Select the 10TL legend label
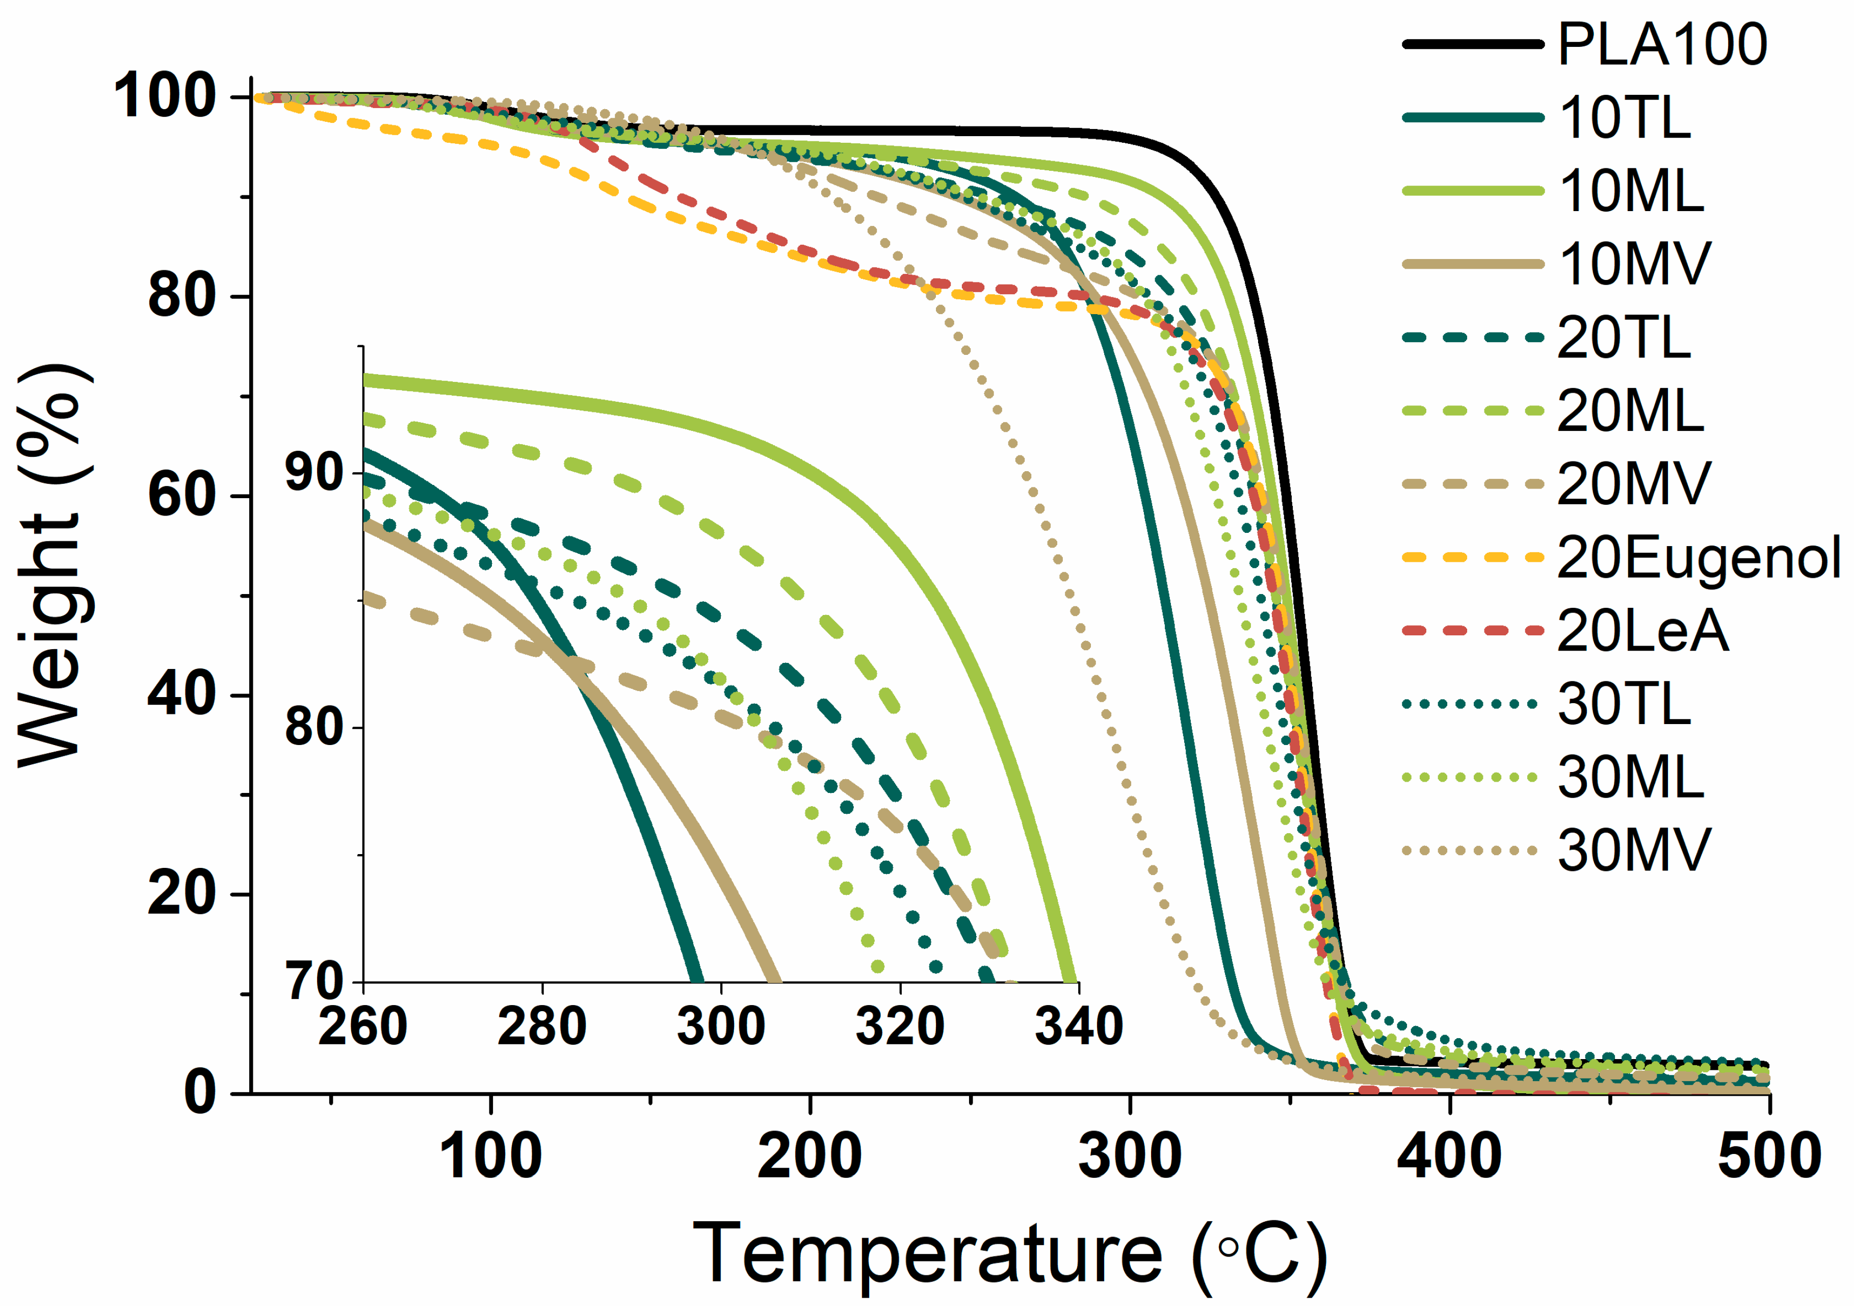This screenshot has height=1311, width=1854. click(x=1624, y=118)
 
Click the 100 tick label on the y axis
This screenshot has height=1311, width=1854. click(x=164, y=96)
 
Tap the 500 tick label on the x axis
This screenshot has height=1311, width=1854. click(x=1768, y=1156)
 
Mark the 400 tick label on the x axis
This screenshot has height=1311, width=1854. click(x=1449, y=1156)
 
